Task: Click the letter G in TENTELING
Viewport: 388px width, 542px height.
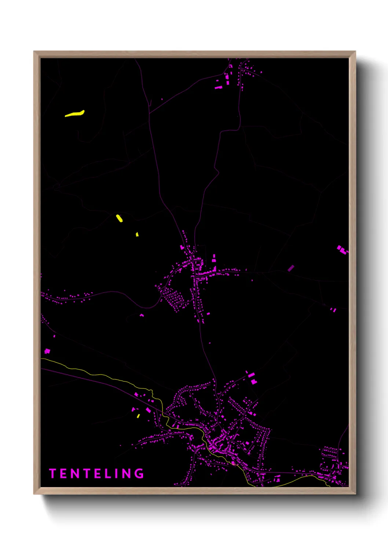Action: pos(139,474)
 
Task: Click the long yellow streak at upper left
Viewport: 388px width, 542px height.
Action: pos(75,114)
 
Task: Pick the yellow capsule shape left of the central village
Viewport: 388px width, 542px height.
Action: pos(119,218)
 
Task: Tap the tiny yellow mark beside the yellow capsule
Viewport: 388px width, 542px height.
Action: pos(137,234)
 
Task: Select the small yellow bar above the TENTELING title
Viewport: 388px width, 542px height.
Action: pos(138,416)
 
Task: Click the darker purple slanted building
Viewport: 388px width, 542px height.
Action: pos(291,268)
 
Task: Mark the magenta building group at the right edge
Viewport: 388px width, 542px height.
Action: pos(342,250)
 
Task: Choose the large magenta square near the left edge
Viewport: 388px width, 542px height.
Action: pos(47,351)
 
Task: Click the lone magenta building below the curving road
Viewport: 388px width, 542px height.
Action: pos(142,315)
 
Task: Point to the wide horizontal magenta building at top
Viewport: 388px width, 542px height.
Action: pos(219,88)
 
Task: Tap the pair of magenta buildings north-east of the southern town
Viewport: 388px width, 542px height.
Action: pos(252,378)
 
